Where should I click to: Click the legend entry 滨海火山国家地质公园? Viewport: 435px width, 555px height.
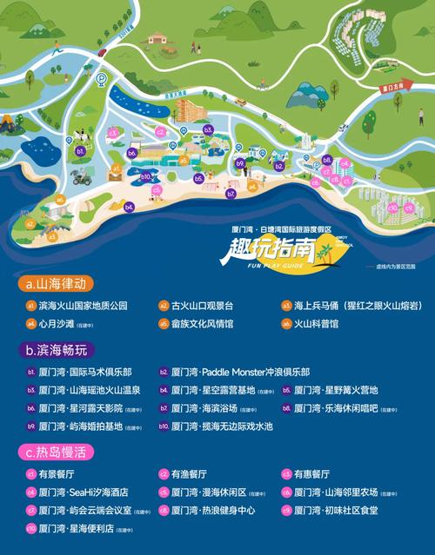tap(83, 306)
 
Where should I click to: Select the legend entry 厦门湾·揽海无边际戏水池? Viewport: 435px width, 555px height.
tap(222, 426)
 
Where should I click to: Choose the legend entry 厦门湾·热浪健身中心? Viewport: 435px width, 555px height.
tap(213, 510)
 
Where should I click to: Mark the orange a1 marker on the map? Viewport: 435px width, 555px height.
tap(115, 167)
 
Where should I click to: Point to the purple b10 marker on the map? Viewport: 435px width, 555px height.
tap(148, 176)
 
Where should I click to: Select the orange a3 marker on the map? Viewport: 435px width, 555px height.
tap(52, 235)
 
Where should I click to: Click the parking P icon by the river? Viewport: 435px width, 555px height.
tap(102, 79)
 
